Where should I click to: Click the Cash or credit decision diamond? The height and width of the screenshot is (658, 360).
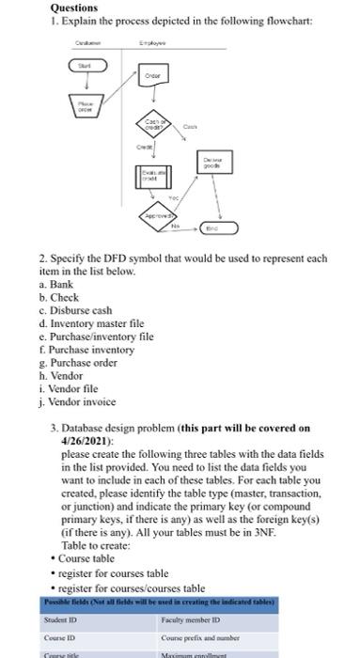[x=153, y=124]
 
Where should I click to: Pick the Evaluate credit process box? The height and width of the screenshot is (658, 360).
[x=153, y=178]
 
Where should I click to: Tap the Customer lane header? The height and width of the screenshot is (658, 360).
[x=86, y=42]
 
